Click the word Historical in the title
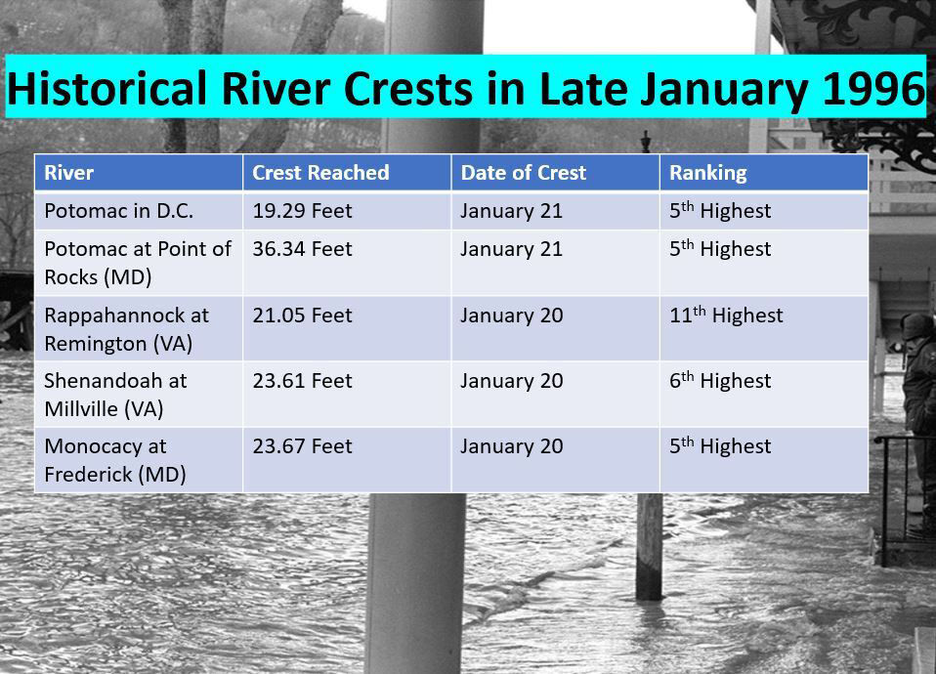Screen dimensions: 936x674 [x=106, y=88]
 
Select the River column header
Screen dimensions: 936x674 [x=68, y=173]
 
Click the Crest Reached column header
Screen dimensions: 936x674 [x=320, y=173]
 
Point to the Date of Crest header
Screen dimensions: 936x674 [x=524, y=173]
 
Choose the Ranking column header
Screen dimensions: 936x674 [x=708, y=173]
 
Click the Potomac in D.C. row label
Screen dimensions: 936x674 [x=119, y=211]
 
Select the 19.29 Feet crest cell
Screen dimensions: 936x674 [x=302, y=211]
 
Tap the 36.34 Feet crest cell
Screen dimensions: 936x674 [x=302, y=249]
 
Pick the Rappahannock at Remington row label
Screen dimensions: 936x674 [x=127, y=329]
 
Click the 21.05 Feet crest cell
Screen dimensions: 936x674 [x=302, y=316]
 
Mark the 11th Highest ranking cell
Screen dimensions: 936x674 [x=726, y=315]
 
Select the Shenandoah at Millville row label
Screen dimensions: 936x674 [x=115, y=395]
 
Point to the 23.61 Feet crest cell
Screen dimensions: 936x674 [x=302, y=381]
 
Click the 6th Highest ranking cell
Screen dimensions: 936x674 [x=720, y=380]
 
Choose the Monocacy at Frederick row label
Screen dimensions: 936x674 [x=115, y=460]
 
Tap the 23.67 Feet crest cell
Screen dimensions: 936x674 [x=302, y=446]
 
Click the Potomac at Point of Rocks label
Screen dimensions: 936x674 [x=138, y=264]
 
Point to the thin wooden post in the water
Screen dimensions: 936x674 [x=649, y=546]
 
